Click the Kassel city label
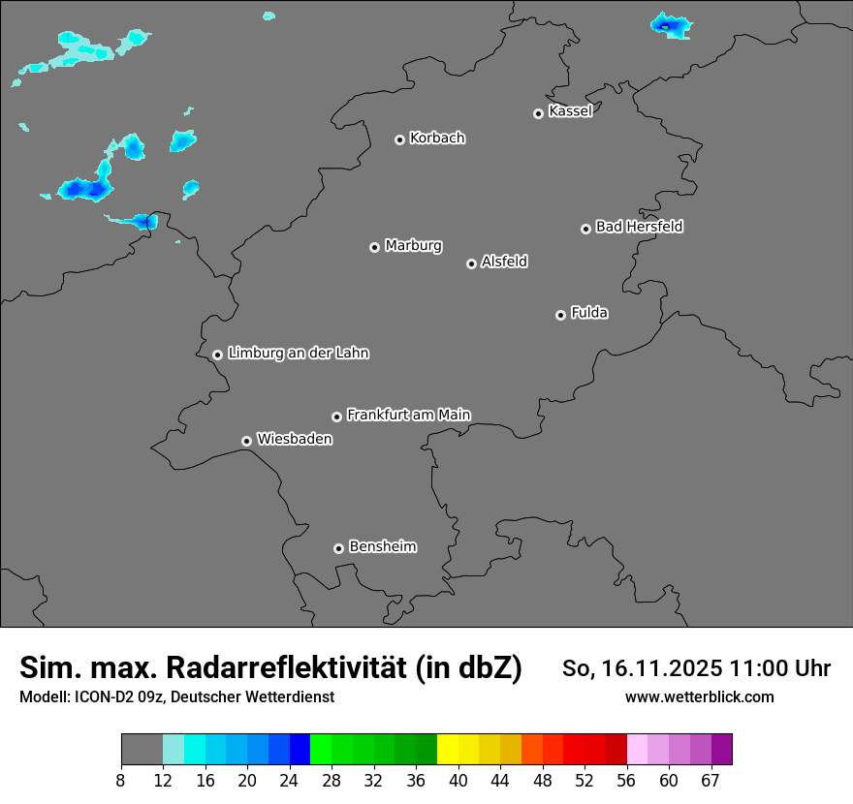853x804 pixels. coord(570,111)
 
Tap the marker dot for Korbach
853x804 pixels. coord(399,139)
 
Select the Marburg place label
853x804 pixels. coord(413,246)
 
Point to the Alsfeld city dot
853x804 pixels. coord(471,263)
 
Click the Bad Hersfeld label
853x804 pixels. coord(639,227)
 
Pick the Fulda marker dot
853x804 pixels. coord(560,315)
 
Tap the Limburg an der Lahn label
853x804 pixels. coord(298,354)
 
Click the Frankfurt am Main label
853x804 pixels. coord(408,415)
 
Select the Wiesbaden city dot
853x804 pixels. coord(247,441)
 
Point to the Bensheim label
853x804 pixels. coord(382,546)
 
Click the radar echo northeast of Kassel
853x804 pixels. coord(669,25)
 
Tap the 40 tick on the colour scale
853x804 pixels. coord(458,781)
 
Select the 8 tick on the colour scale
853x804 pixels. coord(121,781)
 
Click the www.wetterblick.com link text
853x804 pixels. coord(699,697)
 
